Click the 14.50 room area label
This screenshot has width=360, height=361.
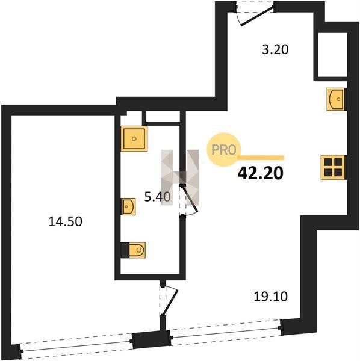[x=66, y=221]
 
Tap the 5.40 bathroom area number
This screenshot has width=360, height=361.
[x=158, y=197]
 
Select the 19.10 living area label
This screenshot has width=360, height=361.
[x=271, y=297]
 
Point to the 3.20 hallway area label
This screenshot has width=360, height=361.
[x=275, y=49]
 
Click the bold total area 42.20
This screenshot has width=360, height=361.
[x=260, y=173]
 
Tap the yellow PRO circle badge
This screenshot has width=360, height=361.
[x=224, y=150]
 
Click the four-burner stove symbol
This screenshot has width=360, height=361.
[x=334, y=167]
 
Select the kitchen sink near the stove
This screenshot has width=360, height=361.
[x=337, y=99]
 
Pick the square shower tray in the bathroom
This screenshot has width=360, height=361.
[x=134, y=138]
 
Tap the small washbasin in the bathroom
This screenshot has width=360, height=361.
[x=128, y=206]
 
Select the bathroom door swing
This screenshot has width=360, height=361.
[x=189, y=200]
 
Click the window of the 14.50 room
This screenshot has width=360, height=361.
[x=76, y=345]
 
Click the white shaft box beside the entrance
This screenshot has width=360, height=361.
[x=332, y=55]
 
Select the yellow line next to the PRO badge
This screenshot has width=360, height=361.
[x=261, y=158]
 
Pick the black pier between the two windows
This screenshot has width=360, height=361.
[x=151, y=339]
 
